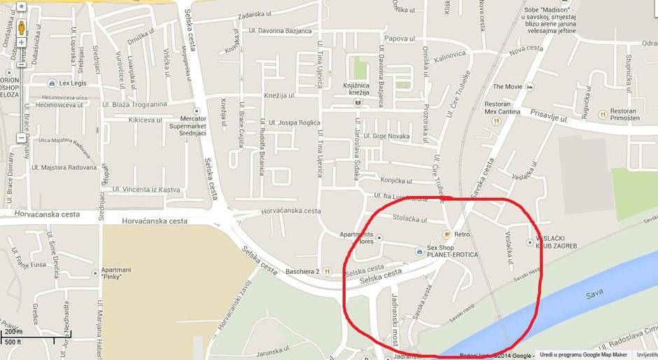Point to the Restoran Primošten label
[623, 115]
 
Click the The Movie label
[507, 87]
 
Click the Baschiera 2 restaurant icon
[326, 272]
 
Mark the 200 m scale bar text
[13, 331]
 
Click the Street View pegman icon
[21, 29]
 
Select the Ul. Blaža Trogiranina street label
[135, 104]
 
